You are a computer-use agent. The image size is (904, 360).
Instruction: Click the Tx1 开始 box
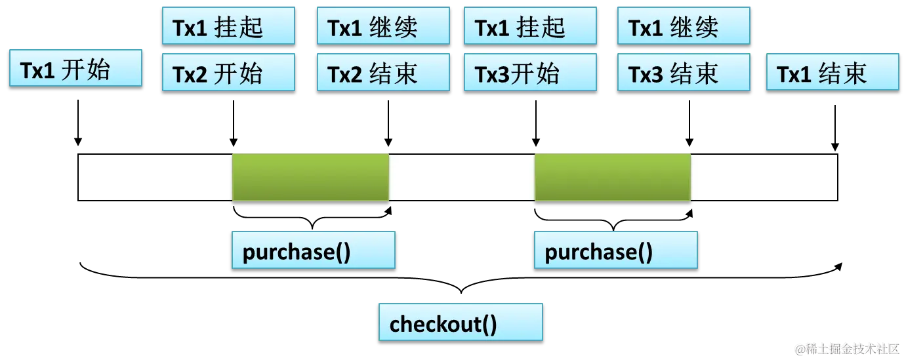click(x=75, y=68)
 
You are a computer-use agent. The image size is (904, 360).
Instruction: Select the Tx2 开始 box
click(x=229, y=73)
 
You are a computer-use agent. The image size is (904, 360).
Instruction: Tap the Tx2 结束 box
click(x=383, y=73)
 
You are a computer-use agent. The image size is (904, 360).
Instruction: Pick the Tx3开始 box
click(x=530, y=73)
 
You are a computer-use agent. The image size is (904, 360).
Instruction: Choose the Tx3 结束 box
click(x=684, y=73)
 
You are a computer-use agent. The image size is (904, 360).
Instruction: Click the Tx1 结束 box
click(x=832, y=73)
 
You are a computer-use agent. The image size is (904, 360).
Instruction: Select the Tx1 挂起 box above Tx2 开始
click(x=229, y=26)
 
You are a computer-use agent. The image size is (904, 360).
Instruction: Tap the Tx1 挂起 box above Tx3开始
click(x=530, y=26)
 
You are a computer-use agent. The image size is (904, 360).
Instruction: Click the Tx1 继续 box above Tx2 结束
click(x=383, y=26)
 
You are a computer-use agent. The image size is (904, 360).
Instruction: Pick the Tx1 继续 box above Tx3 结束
click(x=684, y=26)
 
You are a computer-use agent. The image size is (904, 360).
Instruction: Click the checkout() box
click(x=461, y=322)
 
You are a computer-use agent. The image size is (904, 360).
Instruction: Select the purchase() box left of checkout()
click(x=313, y=250)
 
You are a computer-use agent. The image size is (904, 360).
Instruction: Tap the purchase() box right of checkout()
click(x=615, y=250)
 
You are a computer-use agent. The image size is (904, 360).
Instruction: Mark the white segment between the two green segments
click(x=462, y=177)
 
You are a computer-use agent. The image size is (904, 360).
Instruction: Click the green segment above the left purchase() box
click(x=311, y=177)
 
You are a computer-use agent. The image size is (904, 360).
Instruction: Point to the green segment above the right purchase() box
click(x=613, y=177)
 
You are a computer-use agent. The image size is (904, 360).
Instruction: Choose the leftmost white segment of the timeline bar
click(x=155, y=177)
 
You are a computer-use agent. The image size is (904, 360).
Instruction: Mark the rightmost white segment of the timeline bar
click(x=764, y=177)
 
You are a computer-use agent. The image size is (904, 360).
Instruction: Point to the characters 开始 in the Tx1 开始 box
click(x=85, y=69)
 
